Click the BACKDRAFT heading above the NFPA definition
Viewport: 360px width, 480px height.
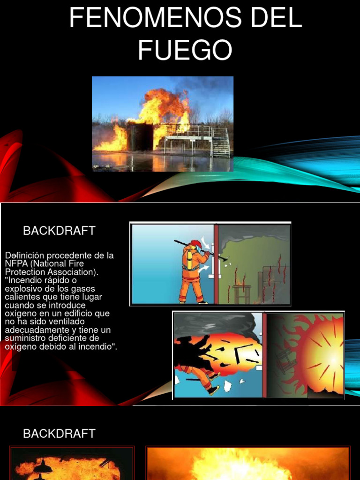[x=59, y=231]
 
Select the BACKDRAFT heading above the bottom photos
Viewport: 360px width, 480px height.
[x=59, y=434]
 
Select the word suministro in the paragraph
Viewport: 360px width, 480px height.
[x=27, y=338]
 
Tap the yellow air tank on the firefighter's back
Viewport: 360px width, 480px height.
[x=189, y=260]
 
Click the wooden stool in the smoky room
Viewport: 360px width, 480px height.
[x=242, y=293]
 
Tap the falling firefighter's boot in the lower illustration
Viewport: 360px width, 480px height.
[x=213, y=390]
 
